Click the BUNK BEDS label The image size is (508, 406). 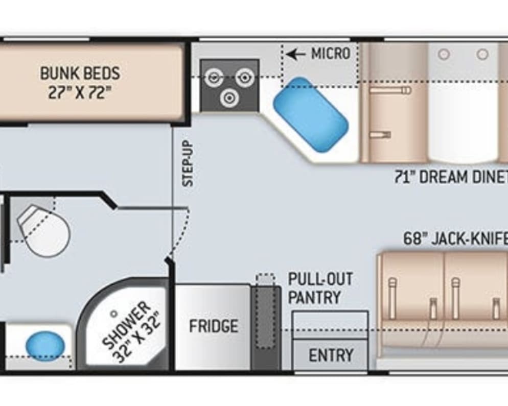[x=80, y=73]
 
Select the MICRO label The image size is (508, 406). [x=331, y=53]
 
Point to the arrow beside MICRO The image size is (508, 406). [x=297, y=54]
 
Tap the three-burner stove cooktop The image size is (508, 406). [x=229, y=85]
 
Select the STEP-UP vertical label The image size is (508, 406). [x=188, y=163]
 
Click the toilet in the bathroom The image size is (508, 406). [x=44, y=231]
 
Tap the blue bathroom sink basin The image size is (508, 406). [x=45, y=345]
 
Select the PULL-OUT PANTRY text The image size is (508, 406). [x=320, y=289]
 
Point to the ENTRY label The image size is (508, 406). [x=330, y=355]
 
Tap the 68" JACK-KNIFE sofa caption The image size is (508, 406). [x=455, y=238]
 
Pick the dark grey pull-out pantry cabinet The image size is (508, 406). [x=266, y=327]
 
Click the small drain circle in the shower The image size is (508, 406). [x=114, y=314]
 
